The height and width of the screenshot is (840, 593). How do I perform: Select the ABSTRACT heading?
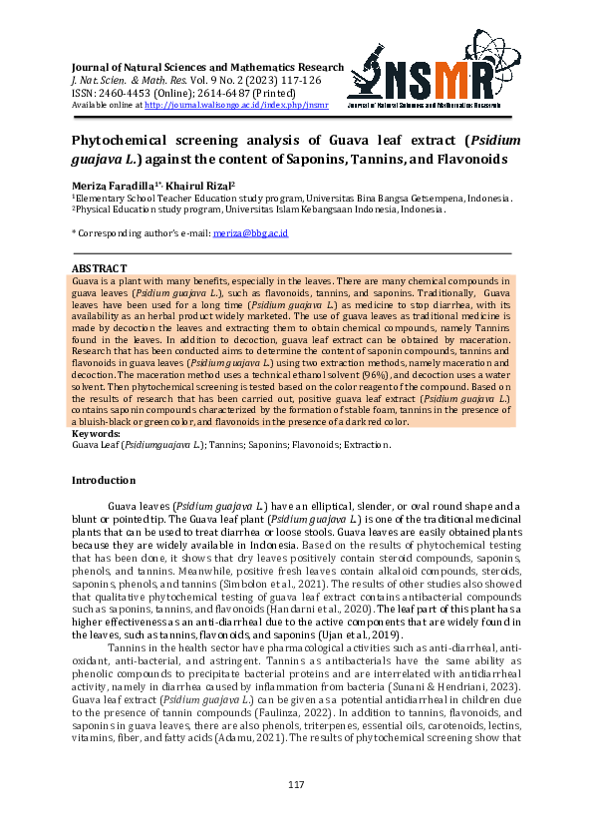(x=100, y=268)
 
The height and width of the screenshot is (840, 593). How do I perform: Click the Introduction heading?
(x=104, y=480)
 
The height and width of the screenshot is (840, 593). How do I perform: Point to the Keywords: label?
(x=97, y=434)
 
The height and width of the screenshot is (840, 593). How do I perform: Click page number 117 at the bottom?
(x=296, y=785)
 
